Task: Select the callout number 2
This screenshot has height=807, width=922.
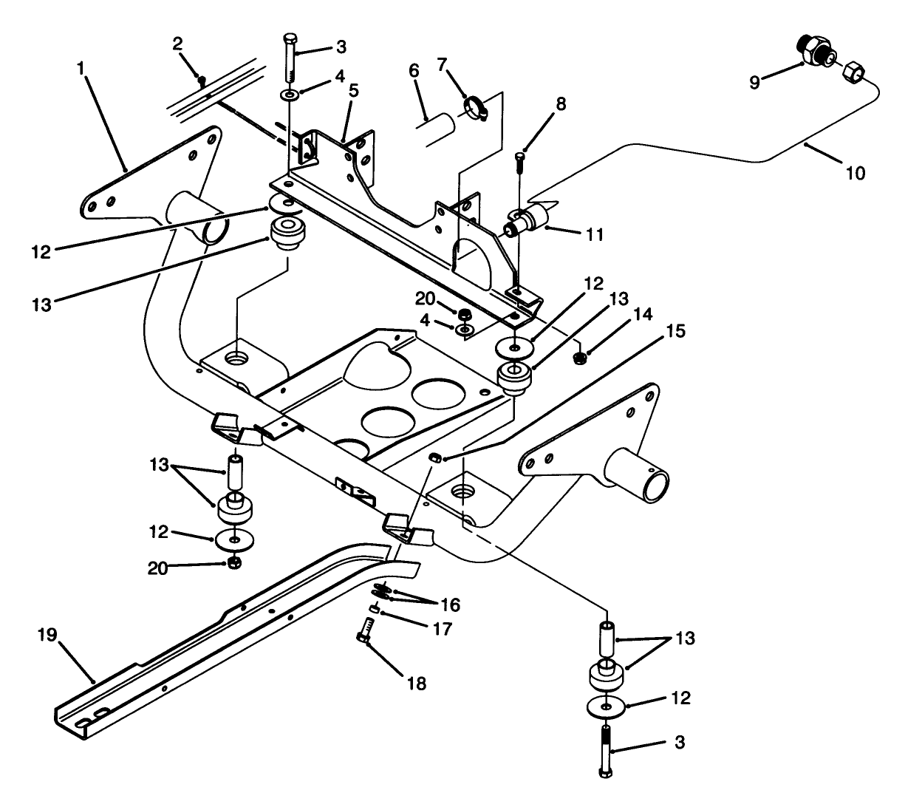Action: [178, 44]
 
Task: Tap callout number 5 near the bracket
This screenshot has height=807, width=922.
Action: [354, 91]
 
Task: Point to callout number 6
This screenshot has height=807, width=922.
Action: [414, 71]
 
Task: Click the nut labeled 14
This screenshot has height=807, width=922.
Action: [580, 358]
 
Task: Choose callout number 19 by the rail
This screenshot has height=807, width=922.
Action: [47, 635]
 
